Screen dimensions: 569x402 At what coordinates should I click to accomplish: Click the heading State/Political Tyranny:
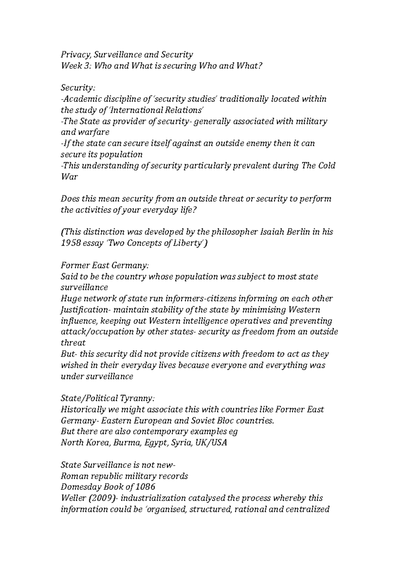(x=108, y=398)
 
